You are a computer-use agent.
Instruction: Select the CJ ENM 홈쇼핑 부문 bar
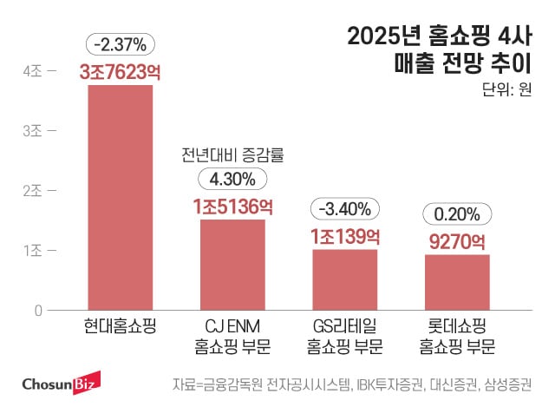(x=232, y=264)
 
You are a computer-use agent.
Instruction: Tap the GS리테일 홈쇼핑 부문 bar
(x=344, y=279)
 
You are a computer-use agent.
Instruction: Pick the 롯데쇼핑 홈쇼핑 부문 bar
(x=457, y=282)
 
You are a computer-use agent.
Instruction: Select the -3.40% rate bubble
(x=344, y=209)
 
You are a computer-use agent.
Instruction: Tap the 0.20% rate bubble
(x=457, y=213)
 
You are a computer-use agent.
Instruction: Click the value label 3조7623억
(x=120, y=73)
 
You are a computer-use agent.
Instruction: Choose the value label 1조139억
(x=344, y=235)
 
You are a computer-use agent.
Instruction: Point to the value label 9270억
(x=457, y=240)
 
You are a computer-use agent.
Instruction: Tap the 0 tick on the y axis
(x=38, y=310)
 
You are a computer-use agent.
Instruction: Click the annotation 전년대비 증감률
(x=232, y=155)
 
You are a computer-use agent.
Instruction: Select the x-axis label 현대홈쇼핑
(x=120, y=328)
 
